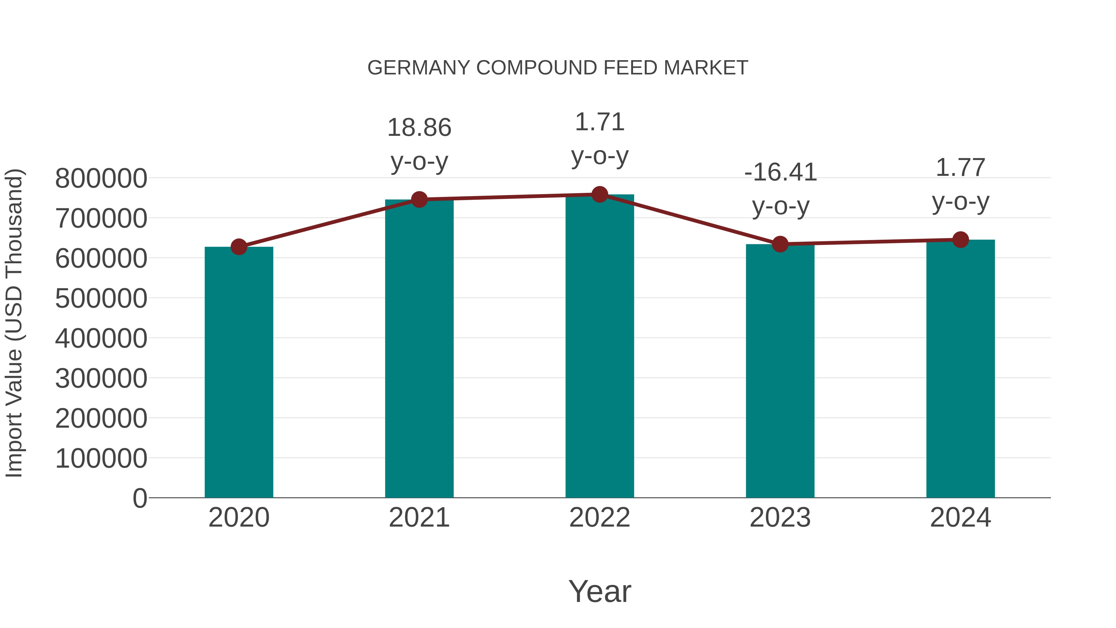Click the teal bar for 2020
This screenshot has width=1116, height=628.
tap(239, 373)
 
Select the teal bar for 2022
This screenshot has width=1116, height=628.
tap(600, 347)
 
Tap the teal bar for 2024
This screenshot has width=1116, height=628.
tap(960, 368)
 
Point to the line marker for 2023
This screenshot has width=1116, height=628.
tap(780, 244)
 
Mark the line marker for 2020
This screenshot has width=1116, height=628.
tap(239, 247)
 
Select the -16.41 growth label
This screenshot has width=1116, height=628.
tap(780, 172)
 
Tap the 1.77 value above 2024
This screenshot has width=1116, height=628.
tap(960, 168)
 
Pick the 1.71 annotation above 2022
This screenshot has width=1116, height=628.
tap(600, 122)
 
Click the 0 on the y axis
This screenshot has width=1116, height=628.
tap(140, 498)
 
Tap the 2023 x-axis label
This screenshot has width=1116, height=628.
tap(780, 518)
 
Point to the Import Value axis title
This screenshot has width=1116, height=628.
tap(14, 323)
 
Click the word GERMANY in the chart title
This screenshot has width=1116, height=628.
tap(418, 68)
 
